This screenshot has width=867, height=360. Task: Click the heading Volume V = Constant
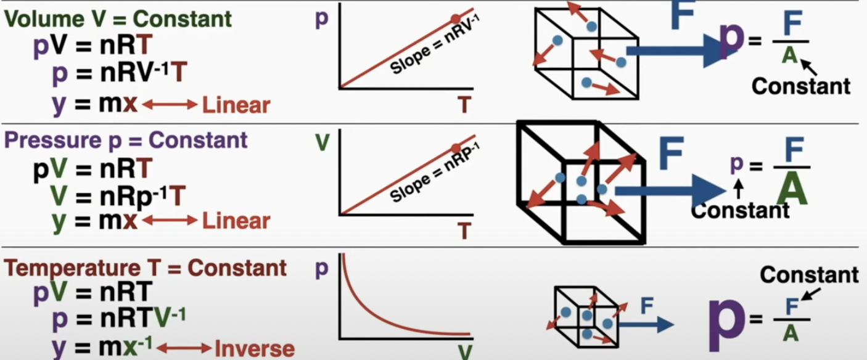[118, 19]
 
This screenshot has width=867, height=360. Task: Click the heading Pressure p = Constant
[126, 140]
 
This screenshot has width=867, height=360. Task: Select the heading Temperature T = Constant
[146, 268]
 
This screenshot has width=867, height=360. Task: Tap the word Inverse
[254, 348]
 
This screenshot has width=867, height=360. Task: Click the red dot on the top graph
[455, 19]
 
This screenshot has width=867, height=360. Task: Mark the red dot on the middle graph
[456, 148]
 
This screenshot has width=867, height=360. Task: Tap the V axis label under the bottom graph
[465, 353]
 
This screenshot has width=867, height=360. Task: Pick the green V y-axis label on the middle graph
[322, 142]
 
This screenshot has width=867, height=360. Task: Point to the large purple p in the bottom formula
[726, 318]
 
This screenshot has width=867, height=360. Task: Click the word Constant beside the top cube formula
[800, 86]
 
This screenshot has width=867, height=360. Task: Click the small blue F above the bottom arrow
[646, 305]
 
